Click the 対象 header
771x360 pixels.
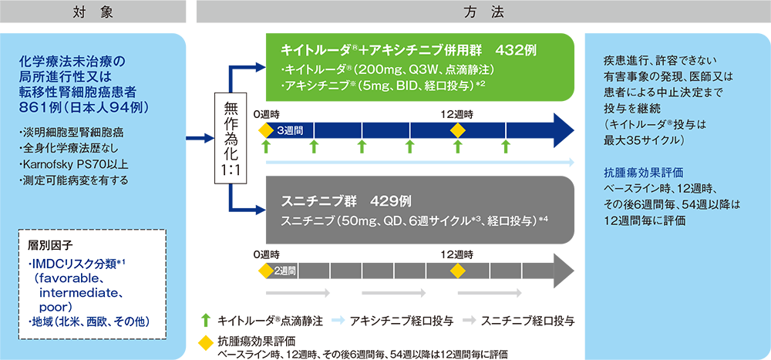pos(93,12)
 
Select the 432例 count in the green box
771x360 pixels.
pos(516,50)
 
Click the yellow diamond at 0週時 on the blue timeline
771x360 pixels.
pos(265,131)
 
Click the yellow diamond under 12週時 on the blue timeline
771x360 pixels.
pos(458,131)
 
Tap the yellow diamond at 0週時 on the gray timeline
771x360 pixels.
pos(265,271)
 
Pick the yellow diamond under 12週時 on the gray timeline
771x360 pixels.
pos(458,271)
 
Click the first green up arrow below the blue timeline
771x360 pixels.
pos(265,146)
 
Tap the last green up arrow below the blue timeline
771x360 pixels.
pos(506,146)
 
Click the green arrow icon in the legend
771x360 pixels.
pos(206,320)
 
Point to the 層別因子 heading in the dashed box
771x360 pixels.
pos(48,244)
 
